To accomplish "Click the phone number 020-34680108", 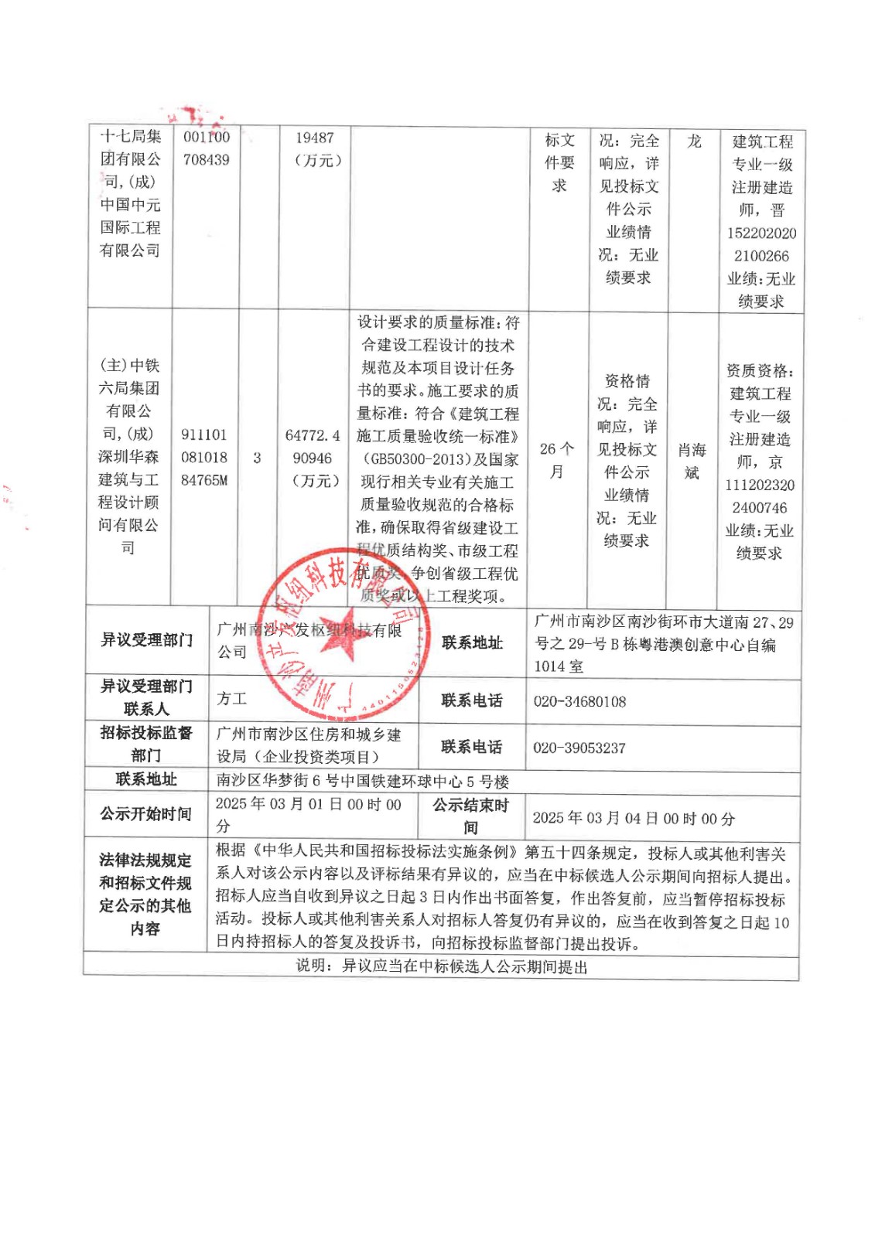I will tap(579, 701).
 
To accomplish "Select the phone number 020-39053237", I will tap(579, 748).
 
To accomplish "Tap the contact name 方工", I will tap(231, 699).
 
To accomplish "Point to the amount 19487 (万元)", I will tap(314, 149).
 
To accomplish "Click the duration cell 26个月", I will tap(556, 460).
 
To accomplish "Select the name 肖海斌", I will tap(692, 461).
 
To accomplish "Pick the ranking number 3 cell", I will tap(257, 458).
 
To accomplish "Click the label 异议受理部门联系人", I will tap(146, 697).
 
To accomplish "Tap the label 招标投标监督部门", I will tap(146, 744).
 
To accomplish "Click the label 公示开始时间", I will tap(145, 814).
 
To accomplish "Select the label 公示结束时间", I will tap(470, 816).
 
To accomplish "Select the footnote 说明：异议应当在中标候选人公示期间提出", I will tap(441, 966).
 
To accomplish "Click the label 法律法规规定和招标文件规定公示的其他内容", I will tap(145, 894).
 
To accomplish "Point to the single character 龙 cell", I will tap(694, 141).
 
